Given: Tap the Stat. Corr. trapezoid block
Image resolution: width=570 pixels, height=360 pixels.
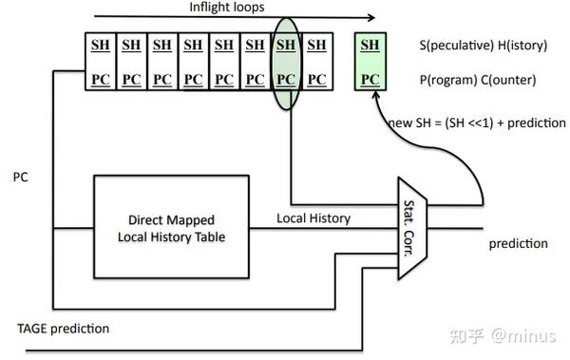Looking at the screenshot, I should click(413, 227).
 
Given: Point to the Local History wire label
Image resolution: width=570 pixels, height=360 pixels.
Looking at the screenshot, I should click(313, 218).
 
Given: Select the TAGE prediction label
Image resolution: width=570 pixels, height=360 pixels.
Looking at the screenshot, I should click(63, 329).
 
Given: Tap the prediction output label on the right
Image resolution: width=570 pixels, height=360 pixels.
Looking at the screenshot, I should click(518, 243).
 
